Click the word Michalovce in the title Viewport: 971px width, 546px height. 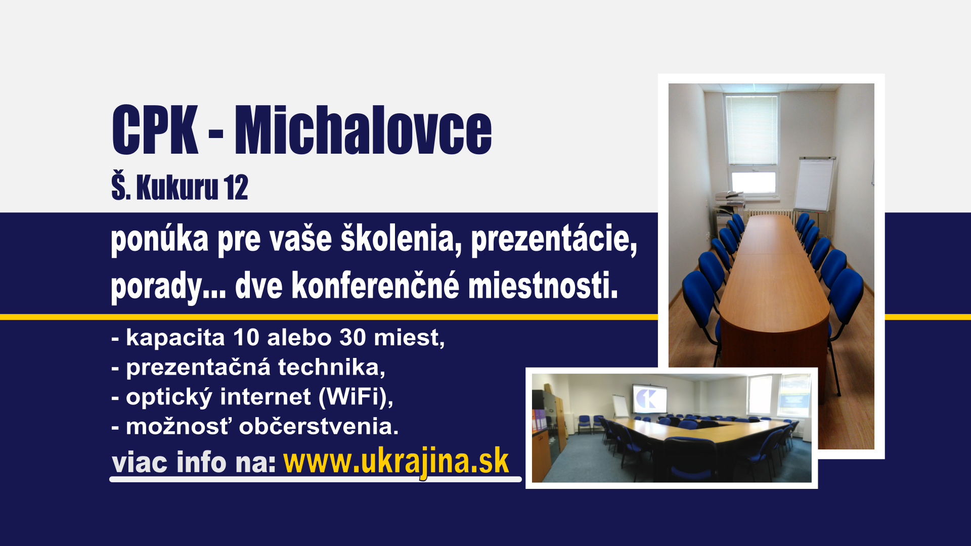click(x=363, y=130)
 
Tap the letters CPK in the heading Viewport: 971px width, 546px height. click(x=155, y=130)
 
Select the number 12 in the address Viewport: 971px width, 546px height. click(x=236, y=188)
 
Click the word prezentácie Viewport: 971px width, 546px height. click(x=554, y=239)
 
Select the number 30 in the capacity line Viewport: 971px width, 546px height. click(x=352, y=338)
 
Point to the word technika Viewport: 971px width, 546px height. click(x=331, y=367)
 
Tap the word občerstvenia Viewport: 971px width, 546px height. click(x=319, y=427)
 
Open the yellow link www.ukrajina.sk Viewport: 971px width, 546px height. click(x=396, y=462)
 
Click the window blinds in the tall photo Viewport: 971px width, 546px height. click(x=752, y=130)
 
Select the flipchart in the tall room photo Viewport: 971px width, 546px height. click(x=814, y=184)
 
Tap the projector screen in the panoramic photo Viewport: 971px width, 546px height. click(x=649, y=399)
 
